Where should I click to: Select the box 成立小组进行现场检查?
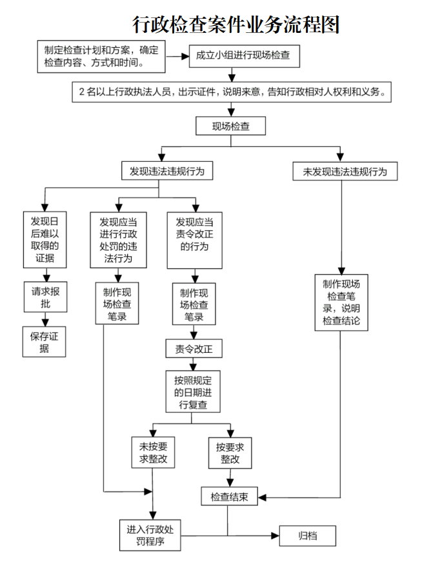[x=243, y=55]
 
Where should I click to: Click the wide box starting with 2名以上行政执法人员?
[x=232, y=92]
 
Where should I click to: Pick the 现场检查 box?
[x=230, y=126]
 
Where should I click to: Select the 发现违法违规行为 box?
[x=167, y=171]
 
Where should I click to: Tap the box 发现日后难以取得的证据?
[x=45, y=239]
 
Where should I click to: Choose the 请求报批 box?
[x=45, y=297]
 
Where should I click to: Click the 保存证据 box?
[x=45, y=343]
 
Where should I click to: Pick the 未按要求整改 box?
[x=153, y=453]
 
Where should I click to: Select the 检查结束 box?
[x=230, y=497]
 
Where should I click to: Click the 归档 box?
[x=308, y=535]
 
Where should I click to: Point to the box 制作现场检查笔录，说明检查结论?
[x=341, y=303]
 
